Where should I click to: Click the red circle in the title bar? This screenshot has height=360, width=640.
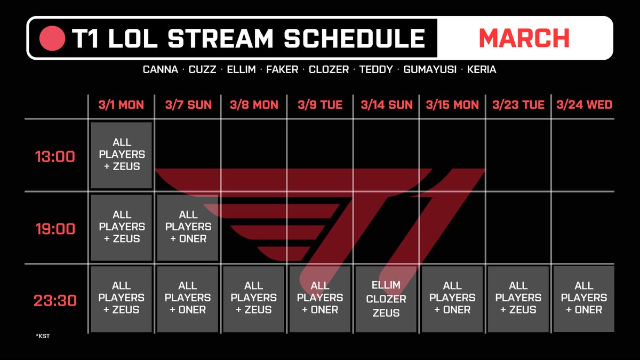(52, 38)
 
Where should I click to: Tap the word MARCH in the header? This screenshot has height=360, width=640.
(524, 38)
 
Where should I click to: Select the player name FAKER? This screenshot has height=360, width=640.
(282, 69)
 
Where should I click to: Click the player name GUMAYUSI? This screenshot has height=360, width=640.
(430, 69)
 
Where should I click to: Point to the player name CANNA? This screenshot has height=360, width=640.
(161, 69)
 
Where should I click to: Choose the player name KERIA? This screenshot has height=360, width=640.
(482, 69)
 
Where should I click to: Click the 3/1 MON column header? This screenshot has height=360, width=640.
(121, 105)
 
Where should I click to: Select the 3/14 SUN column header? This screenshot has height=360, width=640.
(387, 105)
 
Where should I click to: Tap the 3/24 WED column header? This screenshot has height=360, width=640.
(585, 105)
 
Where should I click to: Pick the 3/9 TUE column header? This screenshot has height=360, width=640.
(320, 105)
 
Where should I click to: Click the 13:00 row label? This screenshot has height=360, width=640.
(55, 157)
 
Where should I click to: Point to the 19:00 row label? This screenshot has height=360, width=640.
(55, 229)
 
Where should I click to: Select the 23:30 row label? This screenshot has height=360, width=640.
(55, 301)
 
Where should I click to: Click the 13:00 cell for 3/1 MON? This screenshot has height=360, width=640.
(122, 155)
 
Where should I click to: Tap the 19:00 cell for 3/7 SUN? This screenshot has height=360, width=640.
(188, 227)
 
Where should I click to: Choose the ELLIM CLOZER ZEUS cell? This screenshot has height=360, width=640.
(386, 299)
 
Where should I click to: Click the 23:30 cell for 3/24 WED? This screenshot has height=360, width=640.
(584, 299)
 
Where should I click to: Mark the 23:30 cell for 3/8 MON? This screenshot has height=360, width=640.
(254, 299)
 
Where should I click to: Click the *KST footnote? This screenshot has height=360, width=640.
(43, 336)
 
